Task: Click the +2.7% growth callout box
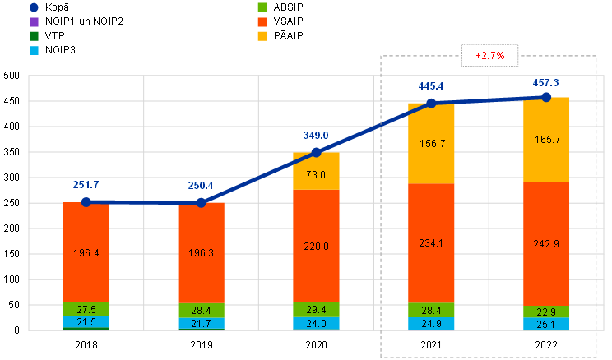pyautogui.click(x=489, y=56)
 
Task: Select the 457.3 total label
pyautogui.click(x=546, y=83)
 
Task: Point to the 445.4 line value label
pyautogui.click(x=431, y=86)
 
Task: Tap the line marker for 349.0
pyautogui.click(x=317, y=152)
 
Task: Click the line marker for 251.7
pyautogui.click(x=86, y=201)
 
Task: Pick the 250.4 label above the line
pyautogui.click(x=201, y=186)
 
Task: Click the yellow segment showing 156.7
pyautogui.click(x=431, y=143)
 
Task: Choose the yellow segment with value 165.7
pyautogui.click(x=546, y=140)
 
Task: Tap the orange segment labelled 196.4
pyautogui.click(x=86, y=253)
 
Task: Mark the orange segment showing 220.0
pyautogui.click(x=317, y=246)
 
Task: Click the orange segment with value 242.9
pyautogui.click(x=546, y=243)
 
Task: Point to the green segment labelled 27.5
pyautogui.click(x=86, y=310)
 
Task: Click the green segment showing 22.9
pyautogui.click(x=546, y=312)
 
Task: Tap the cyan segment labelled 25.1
pyautogui.click(x=546, y=324)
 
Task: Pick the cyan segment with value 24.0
pyautogui.click(x=317, y=324)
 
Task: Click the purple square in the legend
pyautogui.click(x=34, y=21)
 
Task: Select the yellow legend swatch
pyautogui.click(x=262, y=36)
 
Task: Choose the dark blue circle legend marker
pyautogui.click(x=34, y=7)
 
